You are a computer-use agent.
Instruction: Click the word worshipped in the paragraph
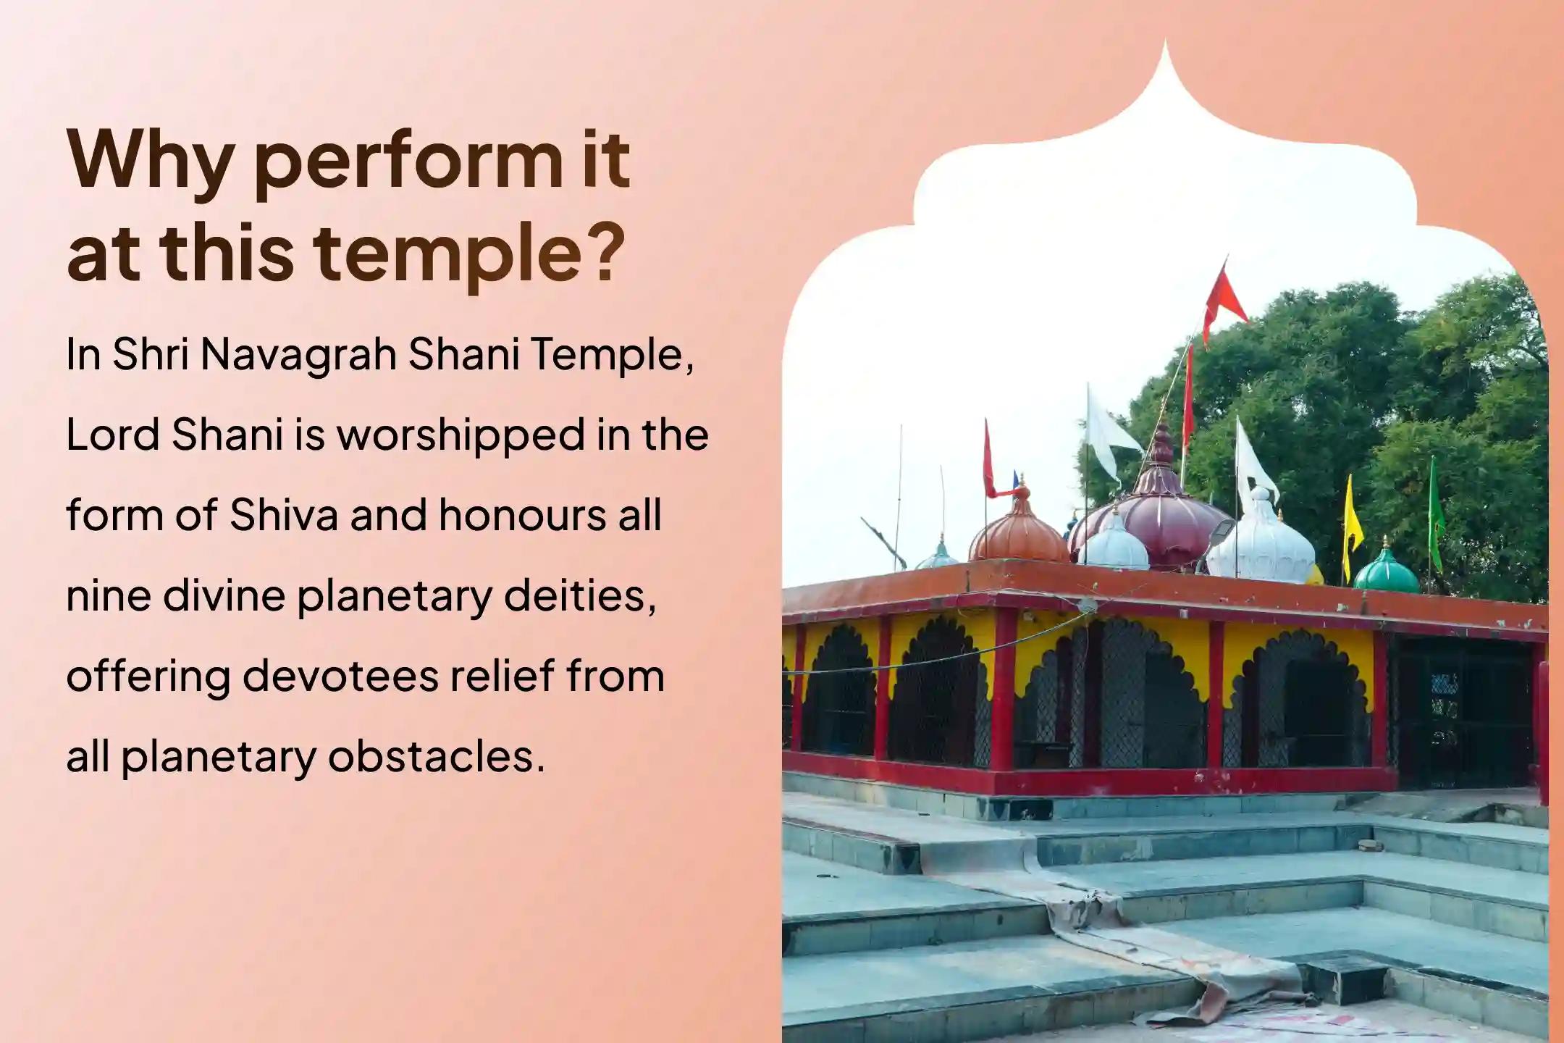[461, 435]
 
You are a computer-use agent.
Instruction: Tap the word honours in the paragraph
[522, 515]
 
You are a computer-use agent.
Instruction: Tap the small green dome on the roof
[1387, 571]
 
